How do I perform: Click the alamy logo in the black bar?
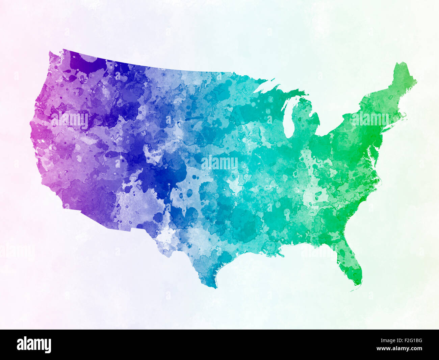(34, 345)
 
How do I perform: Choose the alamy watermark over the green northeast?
(370, 119)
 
